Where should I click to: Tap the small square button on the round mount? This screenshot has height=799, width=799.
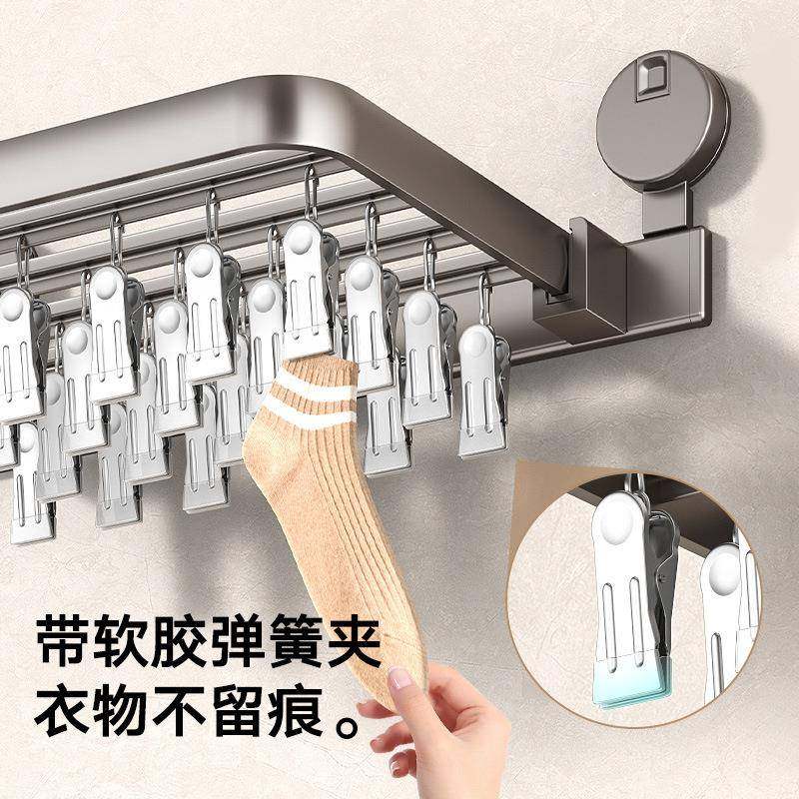[x=652, y=76]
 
